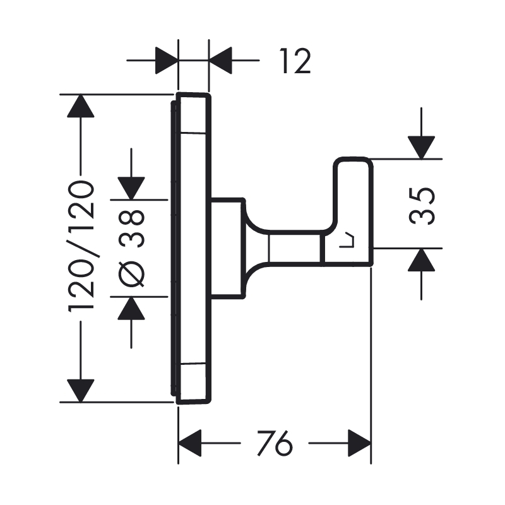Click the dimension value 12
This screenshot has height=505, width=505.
[x=294, y=61]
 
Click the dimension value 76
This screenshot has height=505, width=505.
[x=275, y=444]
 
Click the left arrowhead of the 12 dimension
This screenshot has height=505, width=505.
[x=166, y=61]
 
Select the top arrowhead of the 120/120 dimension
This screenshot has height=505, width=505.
[x=80, y=105]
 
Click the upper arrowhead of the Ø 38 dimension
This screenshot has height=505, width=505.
[x=131, y=188]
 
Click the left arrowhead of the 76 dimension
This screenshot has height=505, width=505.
[x=189, y=443]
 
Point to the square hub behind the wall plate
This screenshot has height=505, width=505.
[x=227, y=248]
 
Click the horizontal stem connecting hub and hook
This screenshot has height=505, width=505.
[x=293, y=248]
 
